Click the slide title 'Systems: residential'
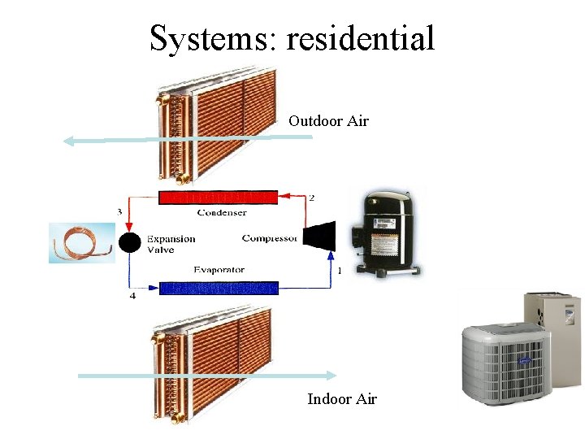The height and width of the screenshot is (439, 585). click(292, 38)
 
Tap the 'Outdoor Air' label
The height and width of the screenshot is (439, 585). click(328, 121)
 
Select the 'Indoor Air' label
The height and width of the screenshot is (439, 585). click(342, 398)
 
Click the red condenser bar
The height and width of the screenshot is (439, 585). click(218, 197)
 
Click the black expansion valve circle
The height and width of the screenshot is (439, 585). click(129, 242)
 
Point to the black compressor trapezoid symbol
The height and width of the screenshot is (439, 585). click(318, 235)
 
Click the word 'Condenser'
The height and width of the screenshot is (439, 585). click(222, 213)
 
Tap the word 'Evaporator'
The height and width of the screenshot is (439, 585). click(219, 270)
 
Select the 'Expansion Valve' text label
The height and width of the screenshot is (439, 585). click(171, 245)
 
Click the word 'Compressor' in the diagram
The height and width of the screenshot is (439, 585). click(270, 238)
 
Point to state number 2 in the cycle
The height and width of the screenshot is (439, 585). click(312, 198)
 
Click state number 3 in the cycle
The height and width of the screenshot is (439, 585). click(119, 212)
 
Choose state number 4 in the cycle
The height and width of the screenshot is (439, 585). click(132, 296)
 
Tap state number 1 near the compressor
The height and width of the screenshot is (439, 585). click(339, 269)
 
